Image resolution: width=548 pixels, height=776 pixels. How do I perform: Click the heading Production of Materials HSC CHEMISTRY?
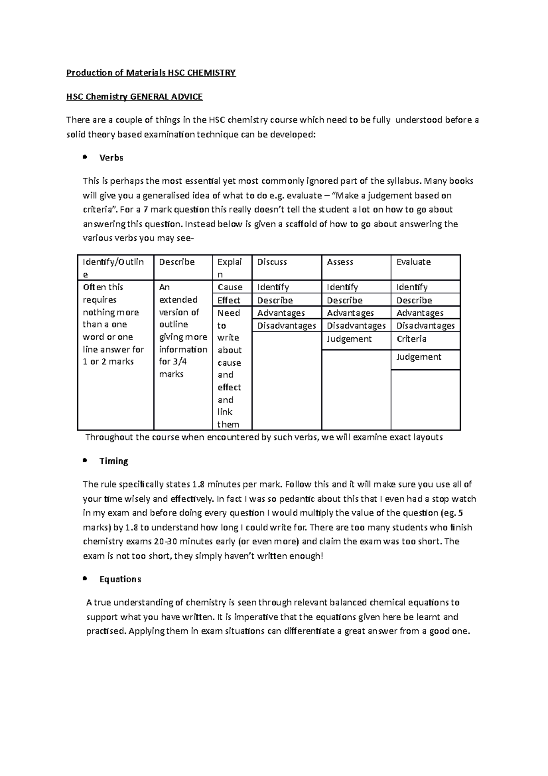[151, 73]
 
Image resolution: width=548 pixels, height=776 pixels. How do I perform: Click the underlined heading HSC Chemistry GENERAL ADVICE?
[134, 96]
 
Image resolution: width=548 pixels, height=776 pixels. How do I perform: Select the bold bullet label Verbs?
[111, 158]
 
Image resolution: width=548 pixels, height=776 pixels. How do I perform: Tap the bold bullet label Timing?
[114, 461]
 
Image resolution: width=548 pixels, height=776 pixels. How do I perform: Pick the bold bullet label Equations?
[120, 579]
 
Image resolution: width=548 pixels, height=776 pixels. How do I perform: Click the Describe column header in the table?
[177, 262]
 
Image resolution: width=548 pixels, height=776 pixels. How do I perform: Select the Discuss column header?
[272, 262]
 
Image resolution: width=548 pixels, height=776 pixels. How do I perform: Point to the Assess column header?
[340, 262]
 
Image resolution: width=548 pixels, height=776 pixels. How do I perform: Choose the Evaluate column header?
[414, 262]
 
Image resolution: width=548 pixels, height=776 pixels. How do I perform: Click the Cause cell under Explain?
[230, 287]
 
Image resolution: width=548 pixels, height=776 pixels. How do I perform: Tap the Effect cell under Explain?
[229, 300]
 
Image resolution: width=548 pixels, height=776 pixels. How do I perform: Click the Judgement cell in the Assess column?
[349, 339]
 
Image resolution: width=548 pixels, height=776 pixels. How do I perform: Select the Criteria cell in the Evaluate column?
[411, 339]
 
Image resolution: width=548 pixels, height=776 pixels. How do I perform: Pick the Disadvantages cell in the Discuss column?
[286, 325]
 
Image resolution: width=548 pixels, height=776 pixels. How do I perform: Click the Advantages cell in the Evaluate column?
[420, 313]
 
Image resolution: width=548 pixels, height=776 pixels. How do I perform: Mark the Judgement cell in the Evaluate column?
[419, 357]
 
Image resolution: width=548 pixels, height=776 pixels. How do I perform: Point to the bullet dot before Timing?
[84, 460]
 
